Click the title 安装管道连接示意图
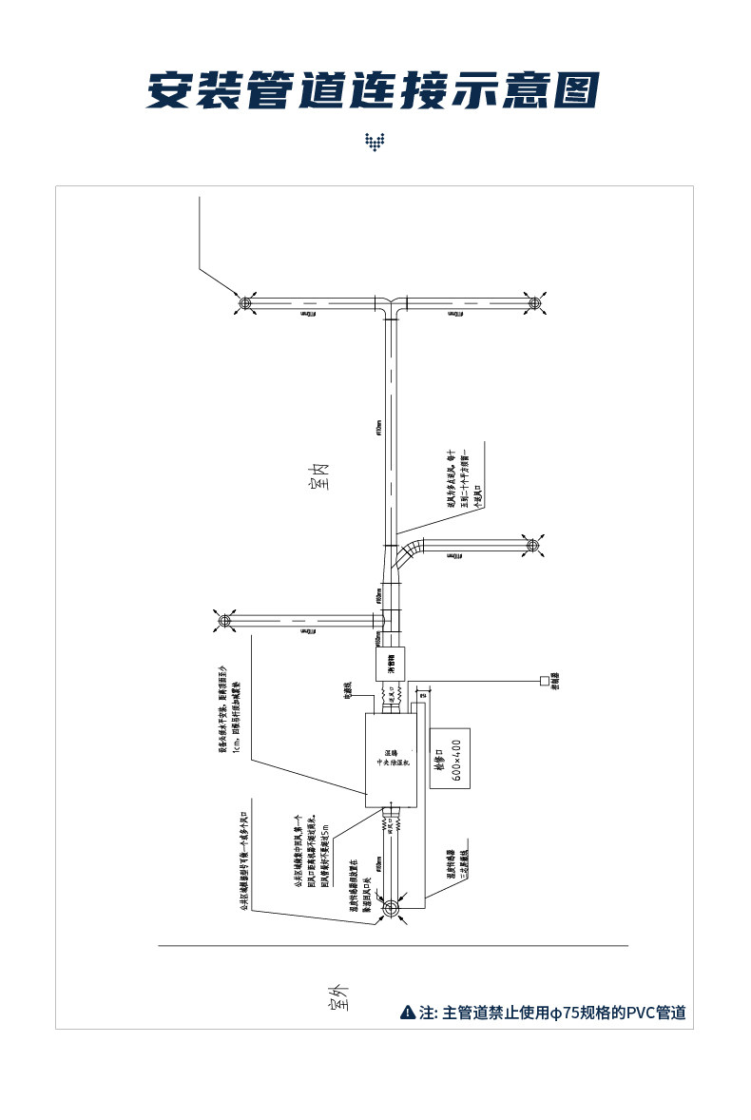pyautogui.click(x=373, y=89)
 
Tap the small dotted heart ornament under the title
pyautogui.click(x=375, y=143)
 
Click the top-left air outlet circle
pyautogui.click(x=244, y=303)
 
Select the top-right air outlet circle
pyautogui.click(x=533, y=303)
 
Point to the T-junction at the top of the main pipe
pyautogui.click(x=389, y=306)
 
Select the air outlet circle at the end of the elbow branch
pyautogui.click(x=531, y=545)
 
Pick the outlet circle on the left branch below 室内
pyautogui.click(x=225, y=621)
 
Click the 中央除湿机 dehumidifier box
pyautogui.click(x=391, y=760)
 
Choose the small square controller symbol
pyautogui.click(x=544, y=681)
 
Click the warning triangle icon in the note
pyautogui.click(x=408, y=1013)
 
